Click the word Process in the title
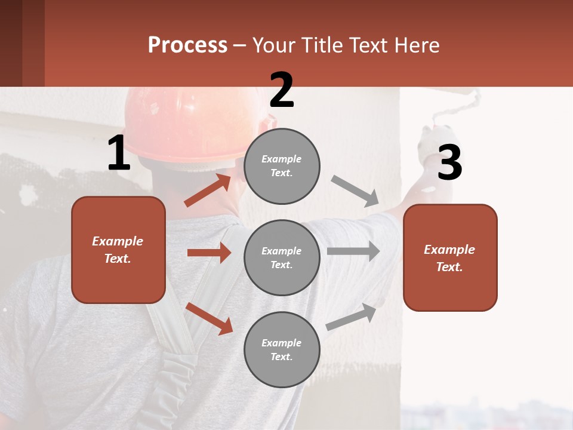pyautogui.click(x=187, y=45)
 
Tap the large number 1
pyautogui.click(x=119, y=153)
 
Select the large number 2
pyautogui.click(x=282, y=90)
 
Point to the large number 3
pyautogui.click(x=449, y=163)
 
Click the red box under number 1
pyautogui.click(x=118, y=250)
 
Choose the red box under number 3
pyautogui.click(x=450, y=257)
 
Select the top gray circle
pyautogui.click(x=282, y=165)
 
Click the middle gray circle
pyautogui.click(x=282, y=257)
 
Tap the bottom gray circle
pyautogui.click(x=282, y=349)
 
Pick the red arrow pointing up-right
pyautogui.click(x=208, y=191)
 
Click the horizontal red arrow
pyautogui.click(x=209, y=253)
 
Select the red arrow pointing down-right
pyautogui.click(x=210, y=318)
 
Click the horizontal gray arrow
pyautogui.click(x=353, y=251)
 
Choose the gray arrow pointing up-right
pyautogui.click(x=352, y=317)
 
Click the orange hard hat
pyautogui.click(x=185, y=122)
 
